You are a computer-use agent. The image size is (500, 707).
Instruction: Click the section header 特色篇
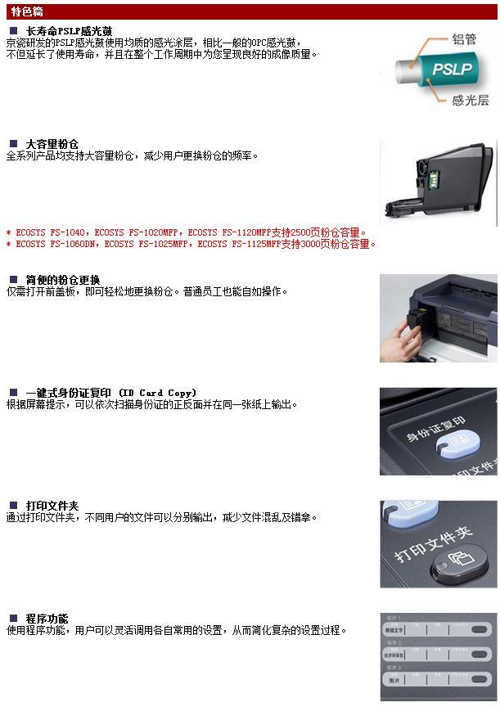(27, 12)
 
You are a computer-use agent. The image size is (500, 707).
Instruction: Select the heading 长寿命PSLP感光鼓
(70, 31)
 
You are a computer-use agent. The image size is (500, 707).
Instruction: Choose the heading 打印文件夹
(52, 506)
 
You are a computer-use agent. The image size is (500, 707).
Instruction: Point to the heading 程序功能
(47, 619)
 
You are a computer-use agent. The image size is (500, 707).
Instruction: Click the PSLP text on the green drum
(451, 70)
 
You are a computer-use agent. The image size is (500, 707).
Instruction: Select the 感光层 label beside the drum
(470, 101)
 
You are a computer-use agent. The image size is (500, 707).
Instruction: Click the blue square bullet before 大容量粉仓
(13, 144)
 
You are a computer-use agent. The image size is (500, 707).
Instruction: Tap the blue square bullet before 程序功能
(13, 619)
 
